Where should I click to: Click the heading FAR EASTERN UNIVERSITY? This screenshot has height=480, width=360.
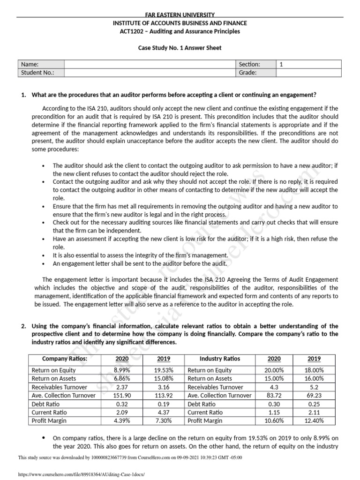point(180,15)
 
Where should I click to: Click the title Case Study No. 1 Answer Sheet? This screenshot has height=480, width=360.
point(180,48)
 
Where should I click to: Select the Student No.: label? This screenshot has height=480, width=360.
point(38,73)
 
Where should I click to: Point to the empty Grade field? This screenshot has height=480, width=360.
point(309,73)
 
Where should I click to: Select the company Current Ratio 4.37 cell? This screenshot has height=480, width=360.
point(164,412)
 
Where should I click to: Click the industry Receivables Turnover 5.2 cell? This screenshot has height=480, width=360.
point(314,387)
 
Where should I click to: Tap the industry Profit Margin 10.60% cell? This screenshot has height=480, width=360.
point(274,420)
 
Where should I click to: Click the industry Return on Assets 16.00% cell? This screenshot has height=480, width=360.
point(314,378)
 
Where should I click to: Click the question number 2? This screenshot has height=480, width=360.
point(23,326)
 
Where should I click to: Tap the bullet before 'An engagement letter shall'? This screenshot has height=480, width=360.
point(44,263)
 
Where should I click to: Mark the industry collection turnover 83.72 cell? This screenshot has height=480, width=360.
point(274,395)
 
